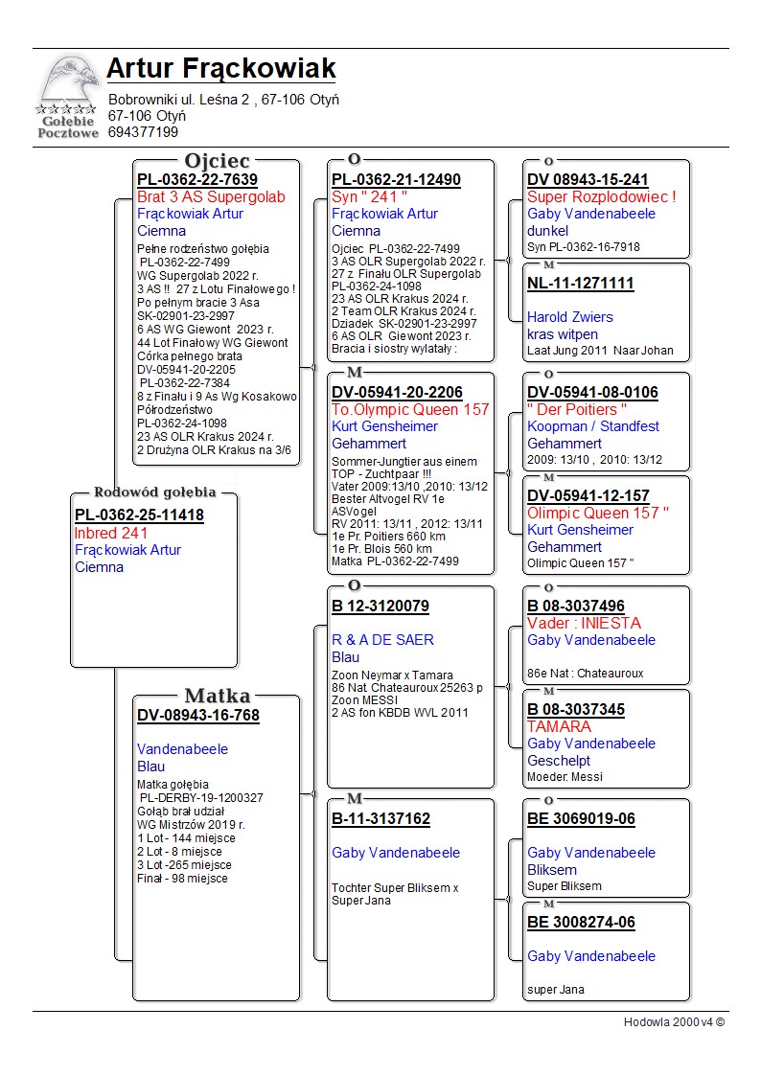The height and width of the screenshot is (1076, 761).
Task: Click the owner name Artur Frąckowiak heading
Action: (221, 69)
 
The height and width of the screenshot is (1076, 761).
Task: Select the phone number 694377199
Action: (143, 132)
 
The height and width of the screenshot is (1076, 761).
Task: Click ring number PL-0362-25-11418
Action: (139, 515)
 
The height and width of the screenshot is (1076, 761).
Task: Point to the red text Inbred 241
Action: (110, 533)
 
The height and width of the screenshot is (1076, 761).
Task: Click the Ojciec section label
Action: (217, 161)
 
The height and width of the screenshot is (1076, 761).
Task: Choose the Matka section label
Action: (217, 696)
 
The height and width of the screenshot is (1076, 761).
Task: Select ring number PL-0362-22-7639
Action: (197, 180)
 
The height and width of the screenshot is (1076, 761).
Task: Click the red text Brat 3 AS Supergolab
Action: (211, 197)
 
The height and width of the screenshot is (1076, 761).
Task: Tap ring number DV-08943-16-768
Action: (198, 715)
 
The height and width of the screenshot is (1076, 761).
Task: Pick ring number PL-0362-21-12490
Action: (396, 180)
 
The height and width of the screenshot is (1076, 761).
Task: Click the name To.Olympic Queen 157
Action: (410, 409)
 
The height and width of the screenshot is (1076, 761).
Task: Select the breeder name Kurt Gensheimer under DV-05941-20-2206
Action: (384, 426)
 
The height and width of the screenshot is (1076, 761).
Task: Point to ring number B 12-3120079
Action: (380, 607)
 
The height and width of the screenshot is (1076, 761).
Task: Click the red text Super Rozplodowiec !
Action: (602, 197)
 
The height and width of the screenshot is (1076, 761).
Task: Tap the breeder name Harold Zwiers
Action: (570, 317)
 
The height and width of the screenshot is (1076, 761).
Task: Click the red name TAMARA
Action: (560, 726)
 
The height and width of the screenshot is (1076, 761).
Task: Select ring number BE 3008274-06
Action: (581, 923)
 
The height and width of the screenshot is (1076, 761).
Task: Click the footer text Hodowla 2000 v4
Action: (674, 1021)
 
